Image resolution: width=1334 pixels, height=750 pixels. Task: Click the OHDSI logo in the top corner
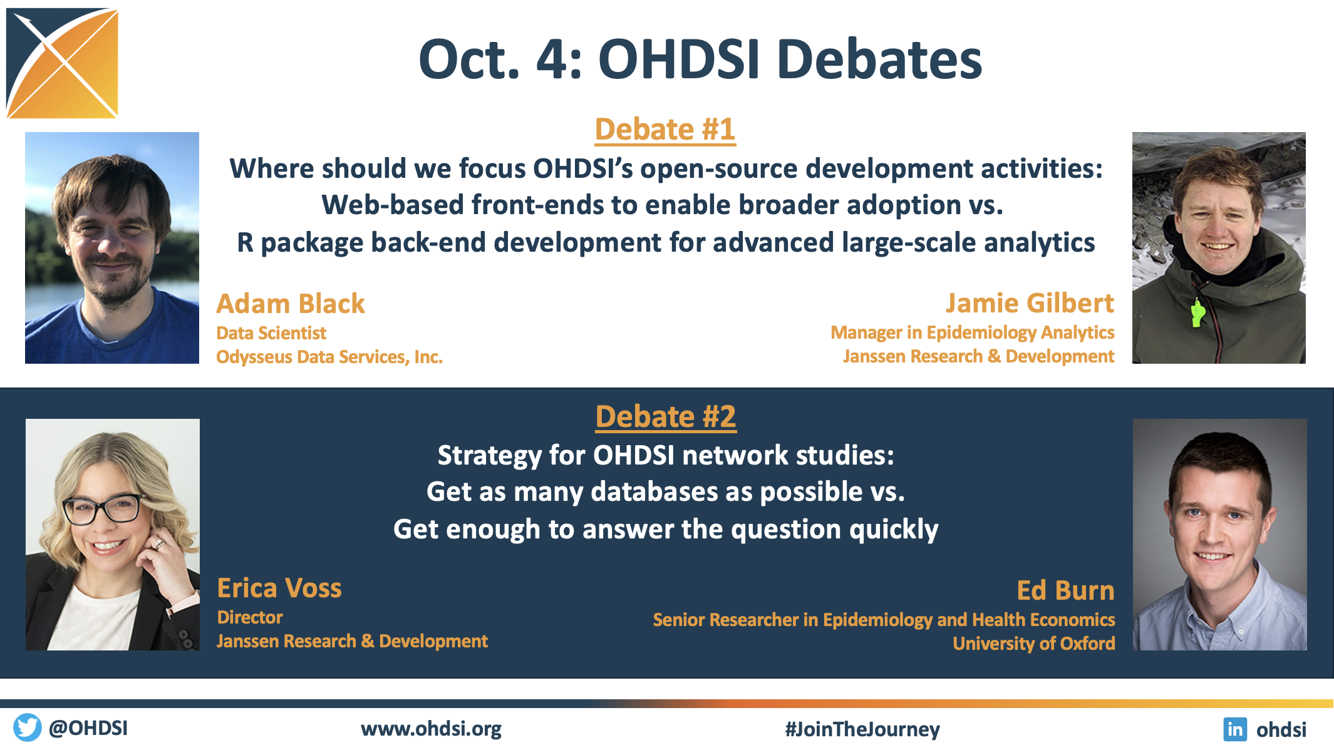[x=62, y=63]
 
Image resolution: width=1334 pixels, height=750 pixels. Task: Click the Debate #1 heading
[x=665, y=130]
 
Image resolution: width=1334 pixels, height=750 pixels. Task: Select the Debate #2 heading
[x=666, y=417]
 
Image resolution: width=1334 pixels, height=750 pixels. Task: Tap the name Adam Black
[x=291, y=304]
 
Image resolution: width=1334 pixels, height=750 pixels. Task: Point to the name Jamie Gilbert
[x=1030, y=303]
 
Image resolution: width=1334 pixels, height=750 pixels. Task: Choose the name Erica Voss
[x=279, y=588]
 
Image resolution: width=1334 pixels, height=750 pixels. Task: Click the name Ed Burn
[x=1065, y=590]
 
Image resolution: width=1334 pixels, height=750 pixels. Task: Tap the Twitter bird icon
[x=27, y=727]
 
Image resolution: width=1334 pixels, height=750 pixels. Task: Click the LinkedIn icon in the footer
[x=1235, y=729]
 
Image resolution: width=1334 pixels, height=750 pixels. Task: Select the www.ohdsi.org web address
[x=431, y=729]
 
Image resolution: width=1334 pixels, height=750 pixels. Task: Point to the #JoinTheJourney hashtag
[x=862, y=729]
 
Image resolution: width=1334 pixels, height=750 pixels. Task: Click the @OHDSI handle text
[x=88, y=728]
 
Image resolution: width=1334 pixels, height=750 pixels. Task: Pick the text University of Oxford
[x=1034, y=644]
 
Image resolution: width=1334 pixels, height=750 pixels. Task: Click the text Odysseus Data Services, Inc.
[x=329, y=357]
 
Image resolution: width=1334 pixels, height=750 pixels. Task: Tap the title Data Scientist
[x=271, y=333]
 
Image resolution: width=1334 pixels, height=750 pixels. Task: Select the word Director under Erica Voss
[x=250, y=617]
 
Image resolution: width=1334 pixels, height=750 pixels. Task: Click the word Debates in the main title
[x=879, y=59]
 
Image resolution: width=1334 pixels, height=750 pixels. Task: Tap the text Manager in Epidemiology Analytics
[x=973, y=333]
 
